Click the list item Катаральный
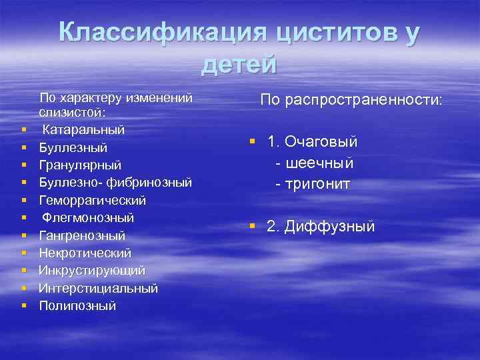(83, 128)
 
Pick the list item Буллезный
(73, 147)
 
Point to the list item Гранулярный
(79, 164)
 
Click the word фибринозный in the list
(152, 182)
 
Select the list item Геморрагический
(92, 200)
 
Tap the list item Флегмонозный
(88, 217)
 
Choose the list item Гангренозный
(81, 235)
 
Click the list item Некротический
(85, 253)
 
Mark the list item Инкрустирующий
(91, 270)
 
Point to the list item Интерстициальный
(98, 288)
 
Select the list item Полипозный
(77, 305)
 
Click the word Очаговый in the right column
(321, 142)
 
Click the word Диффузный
(329, 227)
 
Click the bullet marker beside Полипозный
(23, 305)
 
